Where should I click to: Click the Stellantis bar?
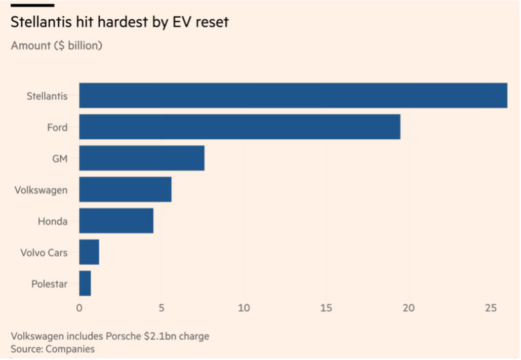(x=293, y=95)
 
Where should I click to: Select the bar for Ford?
(x=239, y=127)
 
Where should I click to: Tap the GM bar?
(x=142, y=158)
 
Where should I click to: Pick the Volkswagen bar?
(x=125, y=189)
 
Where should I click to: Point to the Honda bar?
(x=116, y=221)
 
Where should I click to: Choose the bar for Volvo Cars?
(x=89, y=252)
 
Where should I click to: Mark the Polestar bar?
(x=85, y=284)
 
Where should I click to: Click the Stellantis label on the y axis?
(x=47, y=96)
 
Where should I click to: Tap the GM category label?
(x=59, y=158)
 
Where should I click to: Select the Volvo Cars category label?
(x=44, y=253)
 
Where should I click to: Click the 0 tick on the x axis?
(x=79, y=308)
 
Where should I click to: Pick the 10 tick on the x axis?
(x=244, y=308)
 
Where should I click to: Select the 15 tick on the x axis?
(x=326, y=308)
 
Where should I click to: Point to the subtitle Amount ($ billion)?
(x=57, y=46)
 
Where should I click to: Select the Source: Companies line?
(x=53, y=349)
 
